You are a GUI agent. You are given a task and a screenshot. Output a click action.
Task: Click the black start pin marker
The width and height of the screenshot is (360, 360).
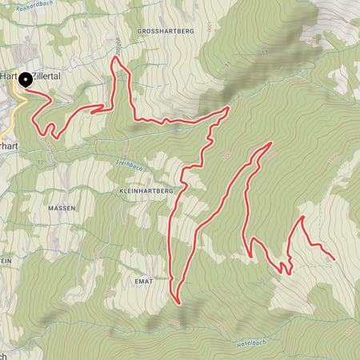pos(25,79)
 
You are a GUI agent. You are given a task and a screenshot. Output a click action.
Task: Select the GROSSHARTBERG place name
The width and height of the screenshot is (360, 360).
pos(166,31)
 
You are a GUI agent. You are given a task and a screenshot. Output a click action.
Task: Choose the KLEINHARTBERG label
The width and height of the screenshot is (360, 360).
pos(145,193)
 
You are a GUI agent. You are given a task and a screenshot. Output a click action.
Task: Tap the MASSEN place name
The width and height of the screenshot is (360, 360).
pos(62,208)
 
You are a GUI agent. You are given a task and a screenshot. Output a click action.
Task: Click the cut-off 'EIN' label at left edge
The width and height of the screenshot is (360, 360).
pos(6,261)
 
